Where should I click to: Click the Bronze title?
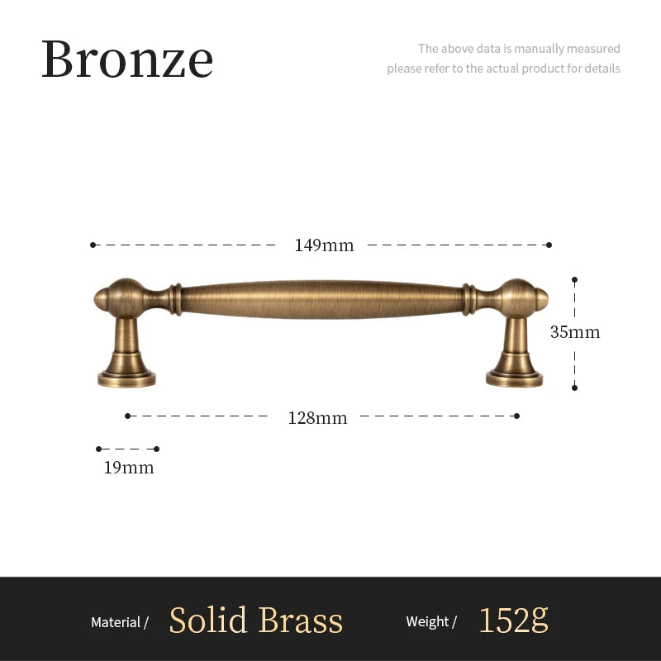coord(127,59)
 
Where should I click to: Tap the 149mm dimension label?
coord(324,245)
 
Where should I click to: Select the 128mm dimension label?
coord(317,418)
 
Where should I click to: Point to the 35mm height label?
coord(575,332)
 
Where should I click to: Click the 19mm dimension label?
coord(129,468)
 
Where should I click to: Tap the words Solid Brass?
coord(256,621)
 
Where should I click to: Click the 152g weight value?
coord(513,620)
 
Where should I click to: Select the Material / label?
coord(120,622)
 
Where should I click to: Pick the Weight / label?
coord(431,621)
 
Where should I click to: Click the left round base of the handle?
coord(126,378)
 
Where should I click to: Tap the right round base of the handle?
coord(514,378)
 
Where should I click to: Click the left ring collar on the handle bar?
coord(176,299)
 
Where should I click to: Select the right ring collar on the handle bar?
coord(468,299)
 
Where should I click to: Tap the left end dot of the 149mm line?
coord(93,245)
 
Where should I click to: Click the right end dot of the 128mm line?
coord(517,416)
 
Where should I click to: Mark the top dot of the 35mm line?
coord(574,280)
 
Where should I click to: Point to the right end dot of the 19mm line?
coord(157,449)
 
